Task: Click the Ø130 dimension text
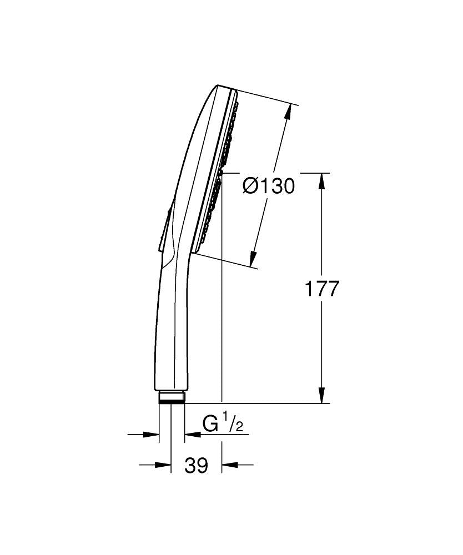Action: click(269, 185)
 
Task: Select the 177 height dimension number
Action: click(322, 289)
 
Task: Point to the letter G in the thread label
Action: click(211, 425)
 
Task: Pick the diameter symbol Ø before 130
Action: click(250, 185)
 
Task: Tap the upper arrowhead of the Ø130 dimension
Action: click(287, 112)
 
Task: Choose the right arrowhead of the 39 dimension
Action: click(229, 465)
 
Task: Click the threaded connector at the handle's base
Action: click(172, 397)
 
